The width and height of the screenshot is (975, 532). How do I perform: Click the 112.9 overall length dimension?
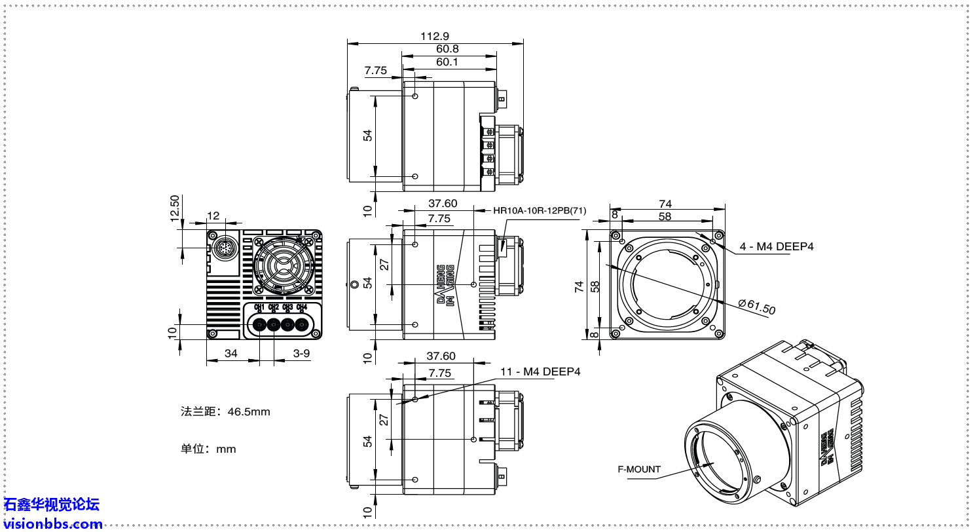point(435,36)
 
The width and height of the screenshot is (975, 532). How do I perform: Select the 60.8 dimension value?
point(447,49)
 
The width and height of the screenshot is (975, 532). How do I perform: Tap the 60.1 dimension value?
point(447,62)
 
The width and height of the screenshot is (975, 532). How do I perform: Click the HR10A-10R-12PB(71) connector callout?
point(540,210)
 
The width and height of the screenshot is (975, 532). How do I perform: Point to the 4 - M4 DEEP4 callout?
point(777,246)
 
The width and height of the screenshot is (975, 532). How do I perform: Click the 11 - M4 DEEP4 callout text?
point(540,371)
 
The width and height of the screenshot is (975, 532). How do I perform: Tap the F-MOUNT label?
point(639,469)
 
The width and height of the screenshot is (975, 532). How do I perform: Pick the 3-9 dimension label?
point(301,353)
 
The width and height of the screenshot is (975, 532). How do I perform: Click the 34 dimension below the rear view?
point(231,353)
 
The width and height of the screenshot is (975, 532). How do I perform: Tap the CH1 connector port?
point(259,324)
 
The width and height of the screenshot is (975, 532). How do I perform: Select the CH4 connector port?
point(302,324)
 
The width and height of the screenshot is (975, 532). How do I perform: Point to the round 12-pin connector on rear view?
point(225,248)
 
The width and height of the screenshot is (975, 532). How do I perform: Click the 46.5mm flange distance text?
point(225,412)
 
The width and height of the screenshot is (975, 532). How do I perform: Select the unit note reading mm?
point(208,449)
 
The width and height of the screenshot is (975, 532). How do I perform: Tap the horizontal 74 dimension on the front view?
point(665,204)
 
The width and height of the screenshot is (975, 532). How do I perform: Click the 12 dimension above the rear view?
point(213,216)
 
